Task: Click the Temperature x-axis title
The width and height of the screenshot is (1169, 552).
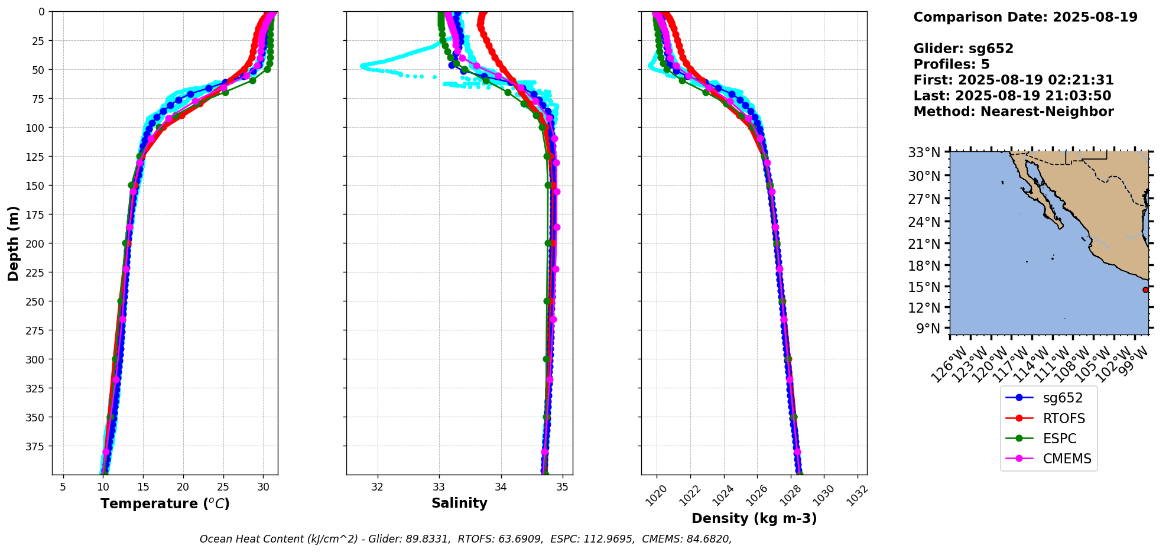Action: (x=165, y=504)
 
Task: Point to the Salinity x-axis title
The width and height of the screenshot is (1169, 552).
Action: (x=459, y=503)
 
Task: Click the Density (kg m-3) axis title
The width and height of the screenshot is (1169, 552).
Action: (x=754, y=518)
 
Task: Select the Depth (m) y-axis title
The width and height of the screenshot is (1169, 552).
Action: (x=13, y=243)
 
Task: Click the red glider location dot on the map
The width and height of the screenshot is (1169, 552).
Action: (x=1145, y=290)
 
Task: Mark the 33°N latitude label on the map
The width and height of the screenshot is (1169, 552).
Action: (x=924, y=152)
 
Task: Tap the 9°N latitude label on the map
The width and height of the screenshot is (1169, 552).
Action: (x=928, y=329)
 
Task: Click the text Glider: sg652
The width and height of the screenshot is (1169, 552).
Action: (x=963, y=49)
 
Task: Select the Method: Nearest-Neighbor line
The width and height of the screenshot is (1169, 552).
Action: (x=1013, y=112)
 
